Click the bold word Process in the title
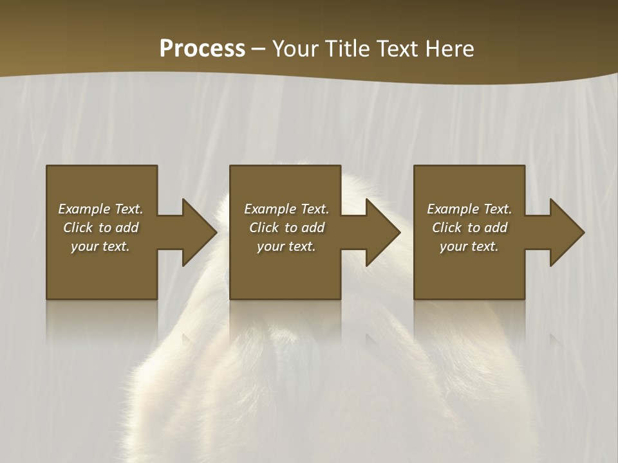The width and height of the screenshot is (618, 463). pyautogui.click(x=202, y=49)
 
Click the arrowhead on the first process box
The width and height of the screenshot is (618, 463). pyautogui.click(x=200, y=232)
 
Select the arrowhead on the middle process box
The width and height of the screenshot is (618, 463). pyautogui.click(x=383, y=232)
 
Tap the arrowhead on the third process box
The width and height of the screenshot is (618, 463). pyautogui.click(x=567, y=232)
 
